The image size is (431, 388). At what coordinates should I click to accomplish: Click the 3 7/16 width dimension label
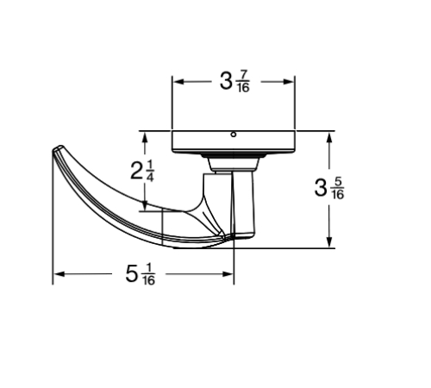pos(234,82)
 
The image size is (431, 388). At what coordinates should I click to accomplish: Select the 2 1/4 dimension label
pos(142,171)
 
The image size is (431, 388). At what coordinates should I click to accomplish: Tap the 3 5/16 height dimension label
pos(329,189)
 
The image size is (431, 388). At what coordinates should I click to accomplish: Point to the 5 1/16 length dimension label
pos(141,274)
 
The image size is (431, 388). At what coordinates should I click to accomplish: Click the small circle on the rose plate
pos(234,135)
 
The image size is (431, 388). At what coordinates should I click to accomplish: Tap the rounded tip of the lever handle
pos(58,148)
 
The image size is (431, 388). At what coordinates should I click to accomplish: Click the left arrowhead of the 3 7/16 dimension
pos(178,82)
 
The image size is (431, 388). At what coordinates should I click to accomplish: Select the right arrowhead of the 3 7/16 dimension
pos(289,82)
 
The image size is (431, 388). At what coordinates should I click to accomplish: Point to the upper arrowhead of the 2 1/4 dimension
pos(145,138)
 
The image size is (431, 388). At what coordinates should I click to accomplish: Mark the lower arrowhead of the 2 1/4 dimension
pos(145,205)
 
